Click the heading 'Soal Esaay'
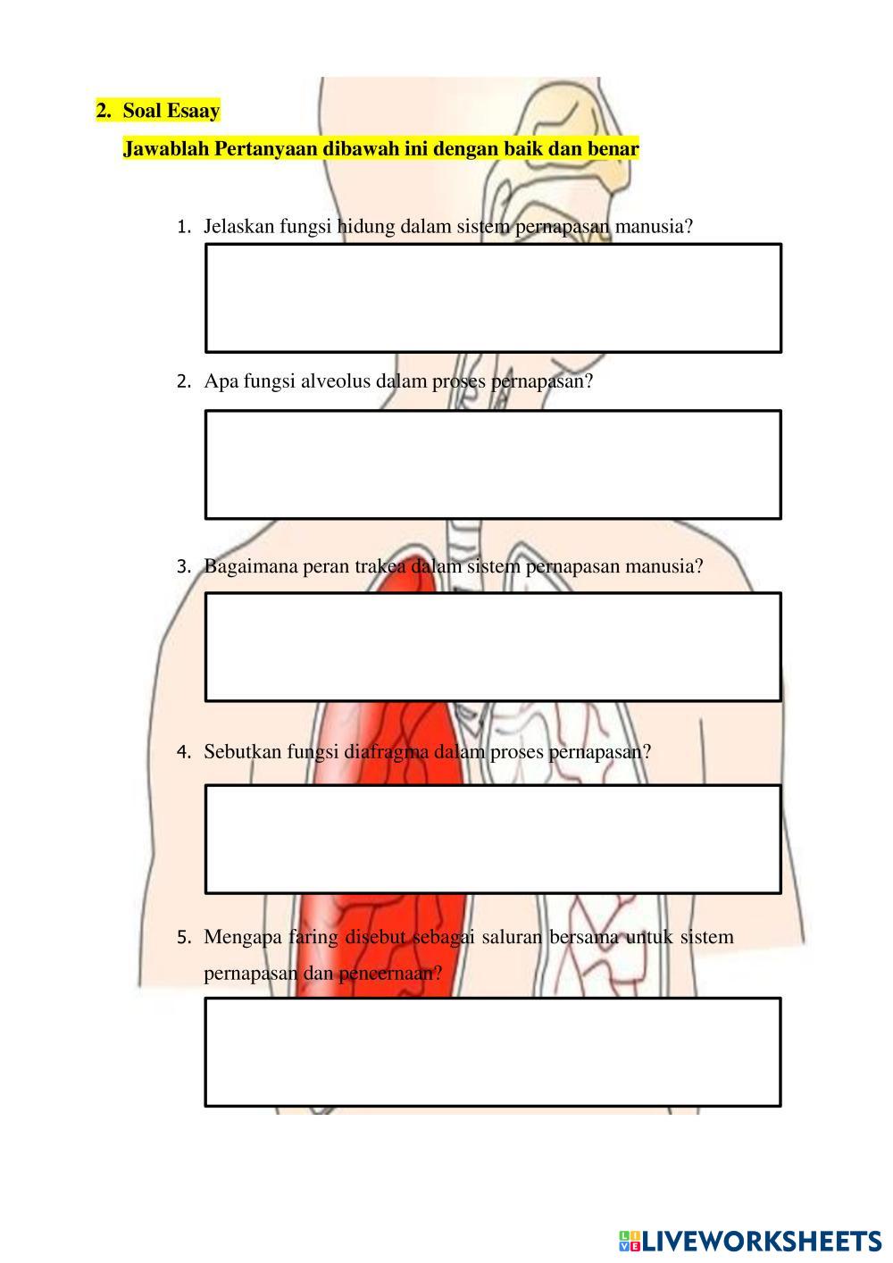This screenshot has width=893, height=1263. point(171,111)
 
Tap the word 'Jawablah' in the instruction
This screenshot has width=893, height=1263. point(166,149)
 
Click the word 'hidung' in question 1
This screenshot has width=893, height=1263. point(366,226)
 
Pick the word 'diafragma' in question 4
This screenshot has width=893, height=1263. point(386,751)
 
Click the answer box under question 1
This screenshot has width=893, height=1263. point(493,298)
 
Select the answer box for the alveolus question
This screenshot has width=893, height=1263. point(493,464)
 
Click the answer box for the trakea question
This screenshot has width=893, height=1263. point(493,648)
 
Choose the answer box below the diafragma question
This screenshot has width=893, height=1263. point(493,839)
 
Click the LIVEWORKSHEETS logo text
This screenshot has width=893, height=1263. point(761,1242)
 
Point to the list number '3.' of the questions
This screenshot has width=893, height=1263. point(184,566)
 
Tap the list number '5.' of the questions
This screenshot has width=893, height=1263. point(184,938)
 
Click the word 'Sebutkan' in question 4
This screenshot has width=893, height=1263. point(242,751)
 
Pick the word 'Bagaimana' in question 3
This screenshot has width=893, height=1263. point(251,566)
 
